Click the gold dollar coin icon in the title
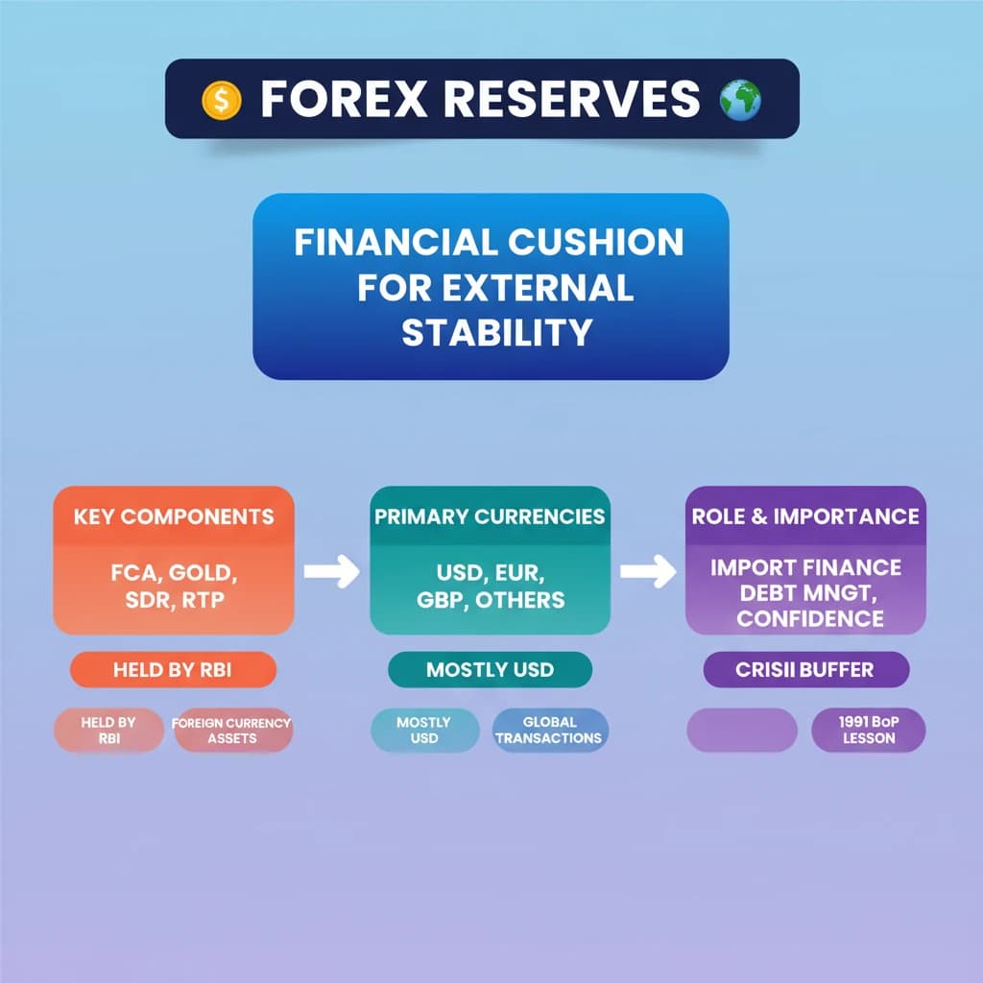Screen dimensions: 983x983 [x=221, y=100]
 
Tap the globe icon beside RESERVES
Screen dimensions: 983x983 [x=740, y=99]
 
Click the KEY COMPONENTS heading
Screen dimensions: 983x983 [x=174, y=516]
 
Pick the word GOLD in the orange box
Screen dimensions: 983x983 [x=204, y=575]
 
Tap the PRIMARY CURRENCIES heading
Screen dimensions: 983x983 [x=490, y=516]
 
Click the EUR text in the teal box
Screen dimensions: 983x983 [x=520, y=575]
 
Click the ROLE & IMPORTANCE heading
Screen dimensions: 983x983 [x=805, y=516]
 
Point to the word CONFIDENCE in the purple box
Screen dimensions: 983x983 [x=809, y=617]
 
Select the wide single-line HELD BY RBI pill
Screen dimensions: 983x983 [x=173, y=670]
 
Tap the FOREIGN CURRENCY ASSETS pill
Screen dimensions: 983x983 [x=232, y=731]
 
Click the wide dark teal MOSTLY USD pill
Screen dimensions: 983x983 [x=490, y=670]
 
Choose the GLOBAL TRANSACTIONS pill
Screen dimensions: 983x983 [x=550, y=731]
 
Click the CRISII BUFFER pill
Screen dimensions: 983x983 [x=805, y=670]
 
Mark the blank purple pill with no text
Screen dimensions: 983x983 [x=742, y=731]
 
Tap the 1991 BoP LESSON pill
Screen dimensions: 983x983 [x=868, y=731]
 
